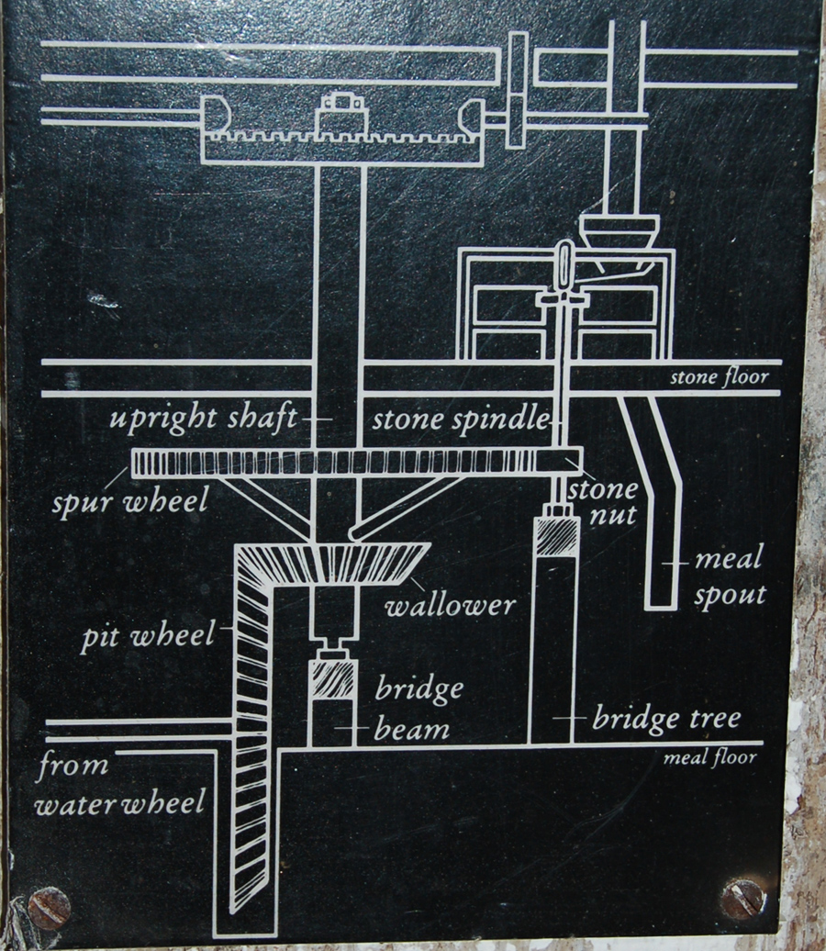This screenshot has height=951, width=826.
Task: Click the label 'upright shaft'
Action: tap(203, 420)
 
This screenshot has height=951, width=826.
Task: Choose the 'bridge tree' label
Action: tap(665, 717)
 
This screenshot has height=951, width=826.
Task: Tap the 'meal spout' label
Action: tap(729, 576)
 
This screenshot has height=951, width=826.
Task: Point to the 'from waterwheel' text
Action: tap(119, 785)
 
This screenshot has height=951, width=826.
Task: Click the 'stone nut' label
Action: tap(602, 500)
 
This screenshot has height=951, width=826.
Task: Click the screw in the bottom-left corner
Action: tap(49, 908)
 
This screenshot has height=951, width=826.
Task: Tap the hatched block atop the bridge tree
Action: tap(557, 536)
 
